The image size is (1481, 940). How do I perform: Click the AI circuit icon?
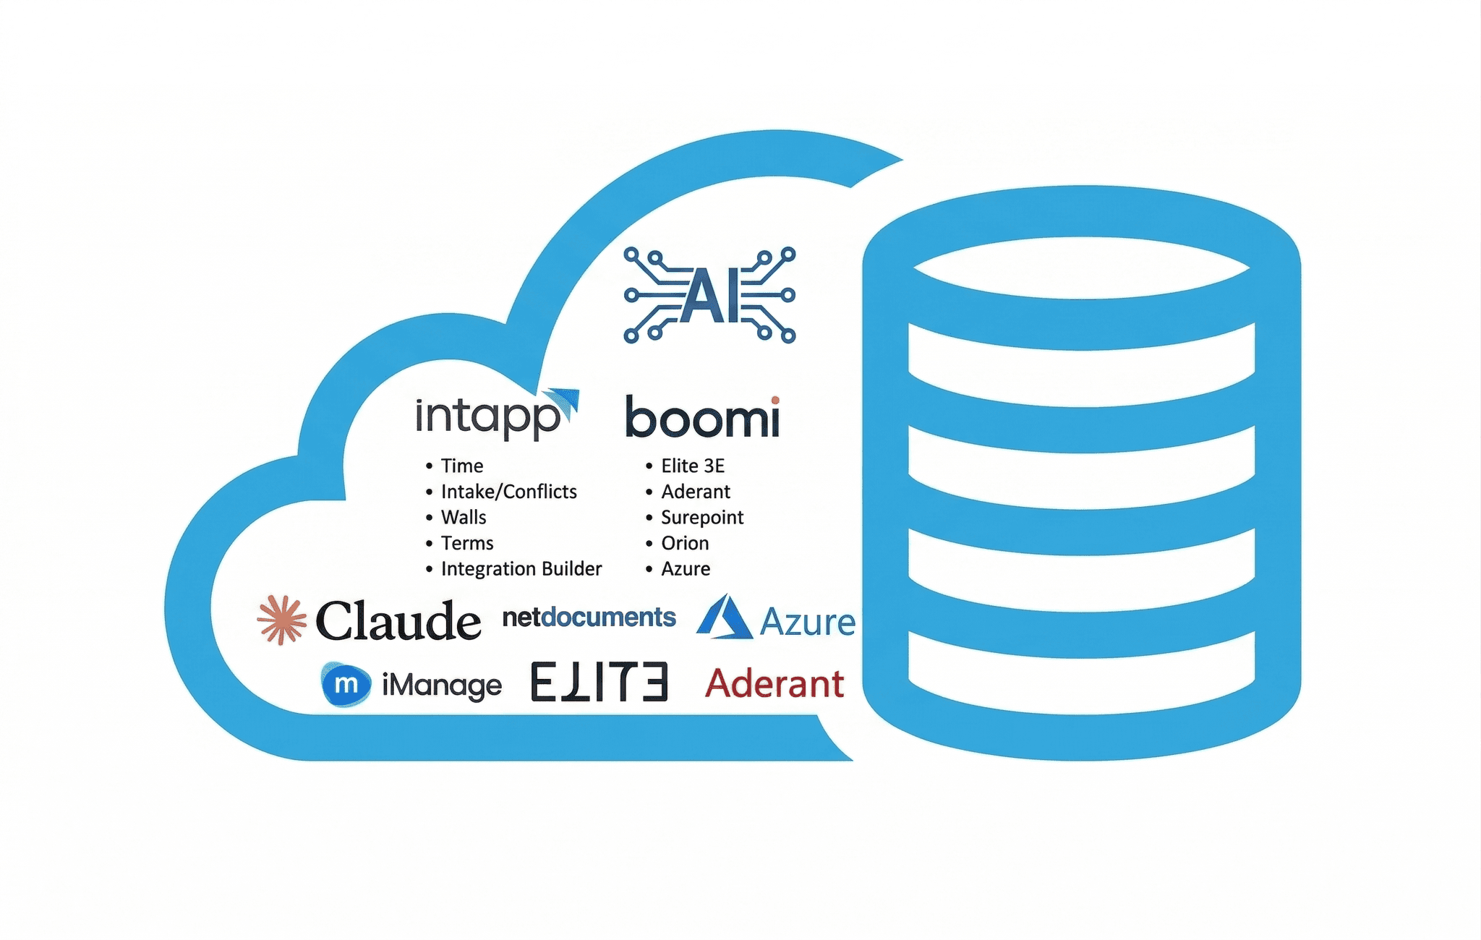coord(709,295)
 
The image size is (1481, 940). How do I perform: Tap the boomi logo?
coord(702,417)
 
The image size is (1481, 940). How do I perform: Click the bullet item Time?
coord(461,466)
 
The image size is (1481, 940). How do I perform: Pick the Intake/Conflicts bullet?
coord(508,492)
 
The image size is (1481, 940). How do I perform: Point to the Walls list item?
coord(463,518)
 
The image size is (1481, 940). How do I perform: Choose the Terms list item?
coord(466,543)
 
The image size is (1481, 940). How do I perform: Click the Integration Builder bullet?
coord(521,569)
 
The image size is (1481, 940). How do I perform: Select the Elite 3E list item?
coord(692,466)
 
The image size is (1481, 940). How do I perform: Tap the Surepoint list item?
coord(701,518)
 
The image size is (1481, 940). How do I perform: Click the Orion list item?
coord(684,543)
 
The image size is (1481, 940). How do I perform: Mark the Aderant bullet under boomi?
coord(695,492)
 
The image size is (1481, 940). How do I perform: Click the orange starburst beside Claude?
coord(281,620)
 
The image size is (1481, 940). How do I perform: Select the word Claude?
coord(398,621)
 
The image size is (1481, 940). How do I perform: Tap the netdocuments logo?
coord(589,618)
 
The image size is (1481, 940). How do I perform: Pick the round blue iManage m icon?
coord(346,684)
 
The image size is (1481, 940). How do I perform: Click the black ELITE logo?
coord(599,682)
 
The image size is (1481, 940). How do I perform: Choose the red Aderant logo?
coord(774,683)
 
